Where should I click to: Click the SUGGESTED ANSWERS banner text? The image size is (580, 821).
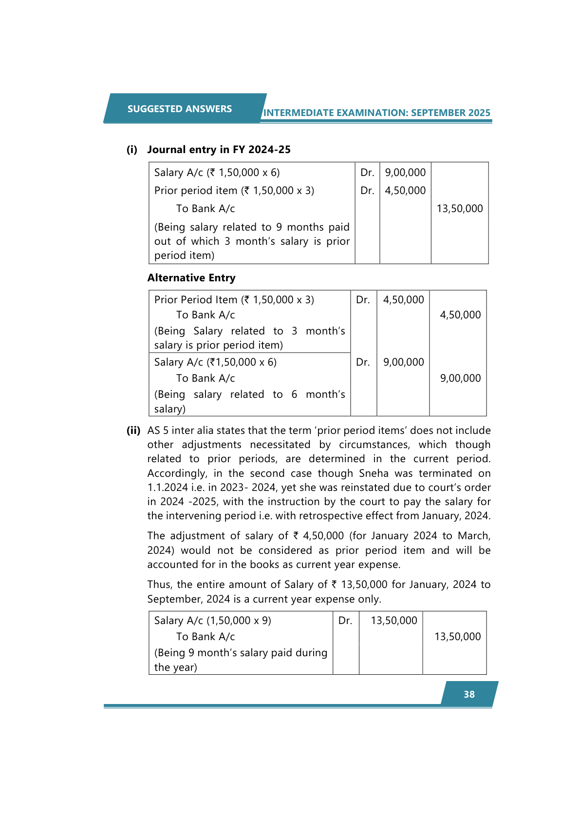click(x=179, y=109)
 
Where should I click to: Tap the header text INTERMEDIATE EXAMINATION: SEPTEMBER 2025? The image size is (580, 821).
click(x=376, y=113)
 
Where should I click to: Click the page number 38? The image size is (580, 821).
click(x=469, y=694)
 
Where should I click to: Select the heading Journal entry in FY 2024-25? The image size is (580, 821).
click(x=219, y=150)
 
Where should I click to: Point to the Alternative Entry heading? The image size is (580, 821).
click(x=191, y=278)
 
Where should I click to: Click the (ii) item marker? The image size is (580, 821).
click(x=133, y=430)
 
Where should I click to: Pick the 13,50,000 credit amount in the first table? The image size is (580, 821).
click(x=459, y=209)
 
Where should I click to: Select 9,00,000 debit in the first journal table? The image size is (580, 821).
click(x=405, y=173)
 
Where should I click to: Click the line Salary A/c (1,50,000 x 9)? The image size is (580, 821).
click(x=212, y=621)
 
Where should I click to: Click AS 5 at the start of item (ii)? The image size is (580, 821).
click(x=158, y=430)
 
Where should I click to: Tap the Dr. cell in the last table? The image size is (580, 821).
click(x=345, y=621)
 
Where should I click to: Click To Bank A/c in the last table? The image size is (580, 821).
click(x=206, y=637)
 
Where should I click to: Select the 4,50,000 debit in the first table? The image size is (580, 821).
click(x=405, y=191)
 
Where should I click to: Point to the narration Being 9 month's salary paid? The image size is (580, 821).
click(x=241, y=653)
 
